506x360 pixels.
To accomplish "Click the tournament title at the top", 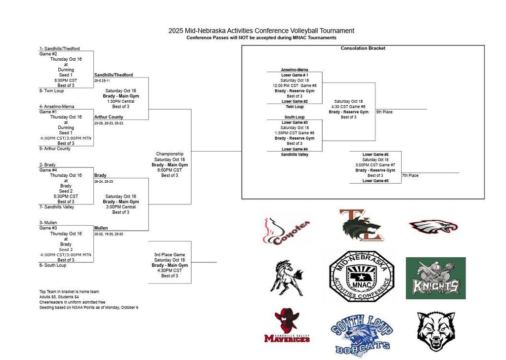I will [x=261, y=31].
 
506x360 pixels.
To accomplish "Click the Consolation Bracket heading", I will [x=363, y=48].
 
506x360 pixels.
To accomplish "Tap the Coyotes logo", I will [x=287, y=231].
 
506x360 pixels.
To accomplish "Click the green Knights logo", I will [x=435, y=278].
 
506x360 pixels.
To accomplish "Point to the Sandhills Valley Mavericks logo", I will [x=287, y=326].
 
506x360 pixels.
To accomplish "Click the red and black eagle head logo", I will [x=433, y=227].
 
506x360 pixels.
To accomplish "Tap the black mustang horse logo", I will [x=286, y=278].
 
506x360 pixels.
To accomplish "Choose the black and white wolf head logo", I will [x=435, y=331].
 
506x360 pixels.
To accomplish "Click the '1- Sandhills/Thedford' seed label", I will [x=59, y=49].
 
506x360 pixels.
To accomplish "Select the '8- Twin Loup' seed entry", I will [x=51, y=91].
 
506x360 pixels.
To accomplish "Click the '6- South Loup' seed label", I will [x=53, y=265].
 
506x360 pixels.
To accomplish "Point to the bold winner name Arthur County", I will [x=109, y=117].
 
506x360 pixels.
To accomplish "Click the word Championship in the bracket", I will [x=169, y=154].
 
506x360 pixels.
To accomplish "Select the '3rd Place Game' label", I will [x=169, y=255].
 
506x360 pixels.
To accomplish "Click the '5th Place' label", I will [x=384, y=112].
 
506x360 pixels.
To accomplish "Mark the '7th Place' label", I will [x=410, y=175].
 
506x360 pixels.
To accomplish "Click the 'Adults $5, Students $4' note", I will [x=60, y=297].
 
